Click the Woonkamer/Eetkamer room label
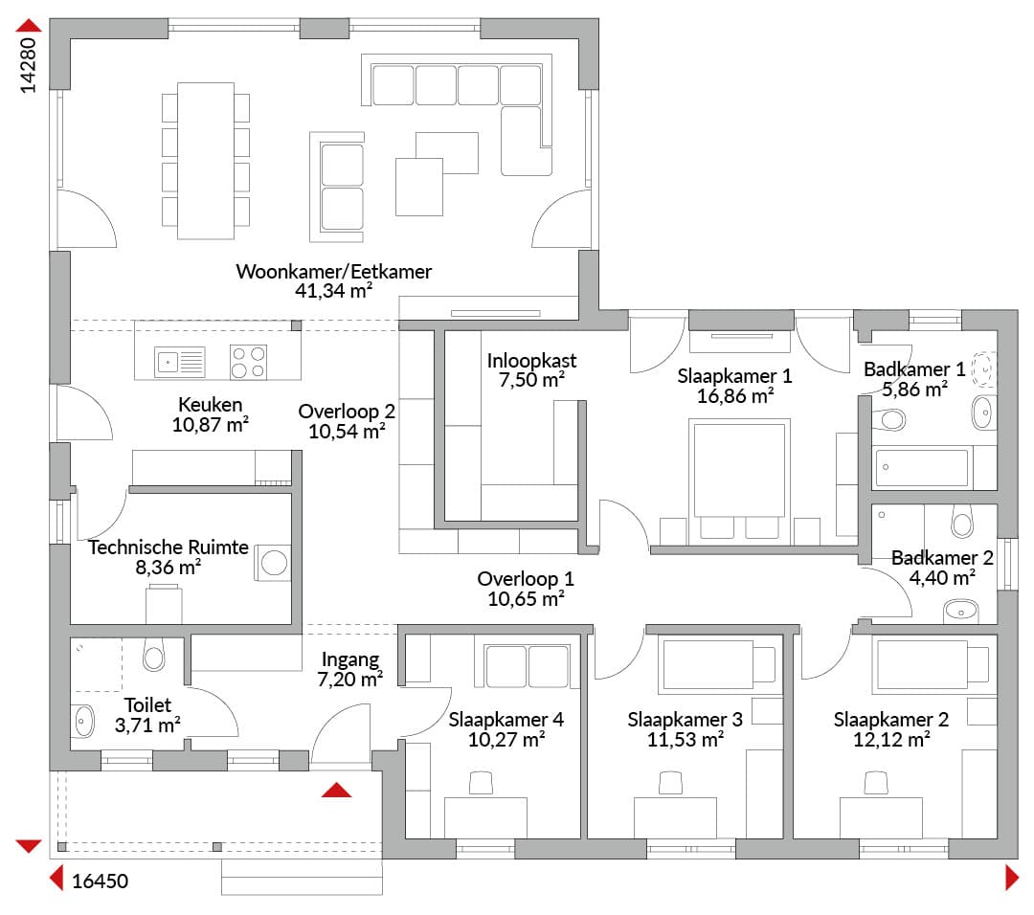[334, 272]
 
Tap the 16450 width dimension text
[100, 881]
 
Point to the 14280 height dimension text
[28, 65]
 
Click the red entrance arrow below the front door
[336, 790]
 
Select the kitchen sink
[180, 362]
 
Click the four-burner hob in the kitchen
[249, 362]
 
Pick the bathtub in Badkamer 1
[921, 467]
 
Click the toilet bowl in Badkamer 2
[962, 521]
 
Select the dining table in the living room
[206, 160]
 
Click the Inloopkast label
[531, 361]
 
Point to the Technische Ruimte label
[169, 547]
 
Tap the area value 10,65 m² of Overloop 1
[526, 598]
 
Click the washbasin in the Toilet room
[83, 722]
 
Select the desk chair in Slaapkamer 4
[481, 784]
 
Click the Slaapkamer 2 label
[891, 719]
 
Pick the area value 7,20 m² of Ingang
[350, 679]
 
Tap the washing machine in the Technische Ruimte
[273, 563]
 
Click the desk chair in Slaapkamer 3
[670, 784]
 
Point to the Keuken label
[211, 404]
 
